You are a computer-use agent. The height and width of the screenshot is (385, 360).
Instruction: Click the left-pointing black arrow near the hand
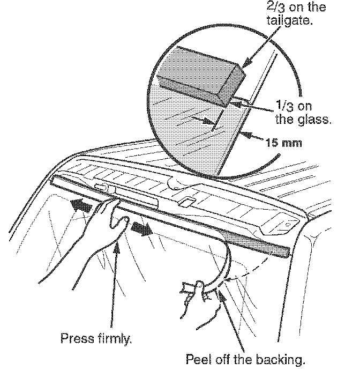coord(85,205)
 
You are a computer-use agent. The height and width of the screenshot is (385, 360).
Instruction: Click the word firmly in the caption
coord(111,339)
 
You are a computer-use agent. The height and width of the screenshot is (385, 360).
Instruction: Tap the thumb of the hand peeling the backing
coord(198,290)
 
